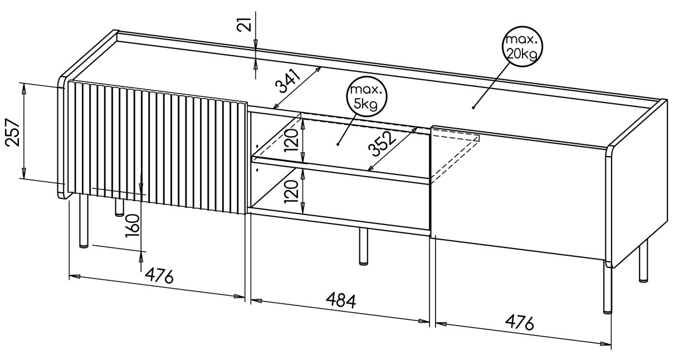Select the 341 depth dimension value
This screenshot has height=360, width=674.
pos(288,81)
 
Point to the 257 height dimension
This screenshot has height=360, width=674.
pos(13,133)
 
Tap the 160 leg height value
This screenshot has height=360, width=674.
pos(133,226)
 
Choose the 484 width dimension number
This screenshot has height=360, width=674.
pos(341,300)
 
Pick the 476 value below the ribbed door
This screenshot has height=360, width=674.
pos(159,275)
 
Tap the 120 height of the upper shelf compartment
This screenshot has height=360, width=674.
pos(291,140)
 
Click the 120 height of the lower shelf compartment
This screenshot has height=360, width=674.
pos(291,191)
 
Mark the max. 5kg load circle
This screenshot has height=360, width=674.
pos(366,97)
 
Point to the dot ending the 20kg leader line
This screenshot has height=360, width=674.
pos(473,108)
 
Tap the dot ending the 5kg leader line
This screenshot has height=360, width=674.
pos(338,145)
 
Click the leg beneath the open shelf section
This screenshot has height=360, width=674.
pos(364,246)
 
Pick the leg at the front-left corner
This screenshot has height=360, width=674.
pos(84,221)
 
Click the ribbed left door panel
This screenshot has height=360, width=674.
pos(157,148)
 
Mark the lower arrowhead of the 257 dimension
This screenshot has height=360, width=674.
pos(23,174)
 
